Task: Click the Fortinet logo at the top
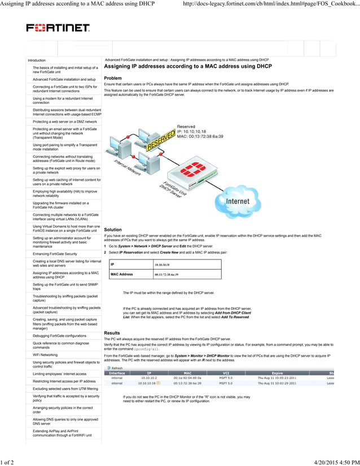[x=58, y=28]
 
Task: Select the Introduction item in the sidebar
[x=37, y=60]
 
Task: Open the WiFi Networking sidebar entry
[x=45, y=355]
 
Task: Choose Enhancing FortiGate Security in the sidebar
[x=55, y=254]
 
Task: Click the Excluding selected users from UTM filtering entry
[x=65, y=389]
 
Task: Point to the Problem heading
[x=113, y=78]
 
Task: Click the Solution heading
[x=113, y=230]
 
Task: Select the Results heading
[x=112, y=333]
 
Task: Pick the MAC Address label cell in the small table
[x=122, y=274]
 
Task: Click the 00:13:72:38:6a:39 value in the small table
[x=166, y=274]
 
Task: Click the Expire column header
[x=277, y=373]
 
